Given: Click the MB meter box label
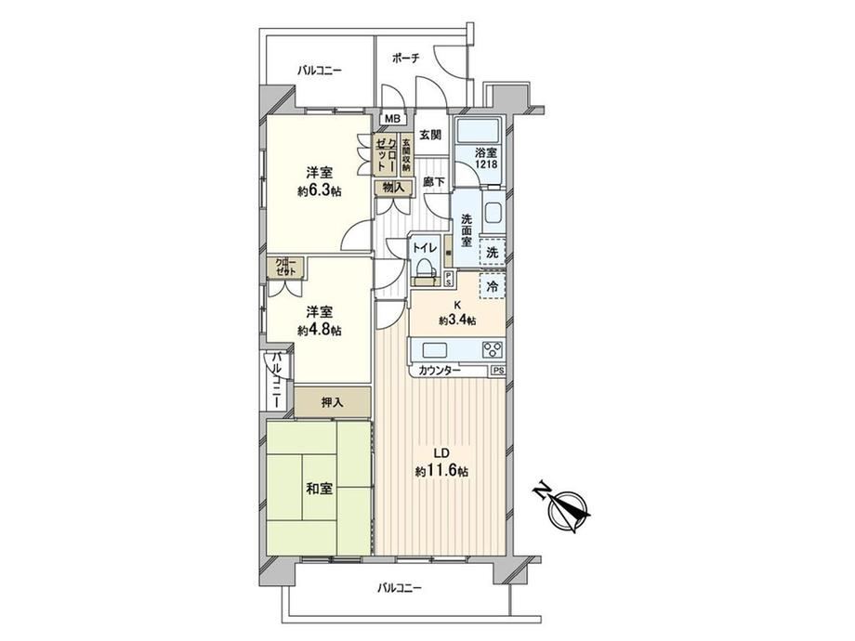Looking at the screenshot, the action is pyautogui.click(x=392, y=119).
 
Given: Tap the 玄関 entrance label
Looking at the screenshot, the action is pyautogui.click(x=430, y=134).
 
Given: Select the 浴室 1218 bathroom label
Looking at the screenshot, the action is pyautogui.click(x=485, y=158).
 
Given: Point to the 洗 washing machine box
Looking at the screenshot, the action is pyautogui.click(x=493, y=253).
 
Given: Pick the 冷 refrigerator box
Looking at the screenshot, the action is pyautogui.click(x=493, y=287).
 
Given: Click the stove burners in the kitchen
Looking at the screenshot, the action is pyautogui.click(x=493, y=349).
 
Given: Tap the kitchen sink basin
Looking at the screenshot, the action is pyautogui.click(x=433, y=349).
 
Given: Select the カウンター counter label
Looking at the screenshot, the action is pyautogui.click(x=440, y=371).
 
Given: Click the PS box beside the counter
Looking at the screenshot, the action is pyautogui.click(x=498, y=371).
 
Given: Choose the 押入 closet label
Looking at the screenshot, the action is pyautogui.click(x=332, y=403).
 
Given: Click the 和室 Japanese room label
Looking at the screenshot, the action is pyautogui.click(x=319, y=489).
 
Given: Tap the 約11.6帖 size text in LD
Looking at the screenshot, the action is pyautogui.click(x=441, y=471).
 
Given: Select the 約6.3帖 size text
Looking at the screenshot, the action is pyautogui.click(x=320, y=190).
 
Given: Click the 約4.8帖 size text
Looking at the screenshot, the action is pyautogui.click(x=320, y=330).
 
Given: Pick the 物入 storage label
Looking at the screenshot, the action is pyautogui.click(x=394, y=188).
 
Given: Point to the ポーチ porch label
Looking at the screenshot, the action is pyautogui.click(x=406, y=59).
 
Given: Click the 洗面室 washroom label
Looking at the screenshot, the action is pyautogui.click(x=467, y=230).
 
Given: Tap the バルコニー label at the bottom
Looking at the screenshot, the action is pyautogui.click(x=399, y=588).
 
